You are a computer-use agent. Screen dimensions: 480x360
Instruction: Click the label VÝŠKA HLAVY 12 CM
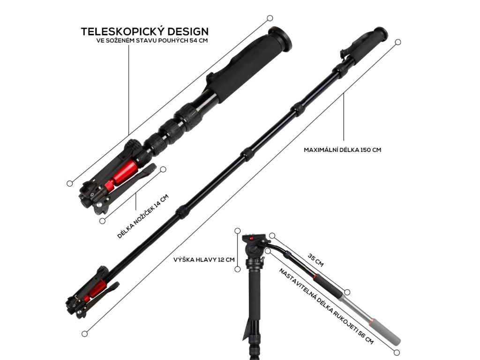[204, 259]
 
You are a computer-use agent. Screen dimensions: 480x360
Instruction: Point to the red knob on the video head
[252, 239]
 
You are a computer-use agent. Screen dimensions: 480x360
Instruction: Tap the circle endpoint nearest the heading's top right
[270, 18]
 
